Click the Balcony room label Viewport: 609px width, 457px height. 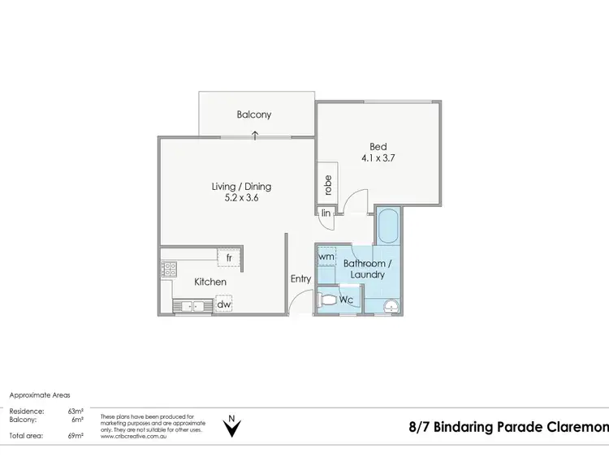click(x=254, y=115)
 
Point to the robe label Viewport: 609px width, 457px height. click(x=328, y=185)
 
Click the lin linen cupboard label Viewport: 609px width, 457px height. click(x=326, y=213)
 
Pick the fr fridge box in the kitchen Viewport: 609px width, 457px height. click(x=230, y=257)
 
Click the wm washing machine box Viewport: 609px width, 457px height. click(x=326, y=257)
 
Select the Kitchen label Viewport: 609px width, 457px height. click(x=210, y=282)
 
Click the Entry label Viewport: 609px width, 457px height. click(x=300, y=279)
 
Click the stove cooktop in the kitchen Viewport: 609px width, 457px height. click(x=169, y=269)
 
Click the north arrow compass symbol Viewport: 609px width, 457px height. click(x=233, y=426)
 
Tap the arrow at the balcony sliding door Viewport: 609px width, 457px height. click(x=255, y=136)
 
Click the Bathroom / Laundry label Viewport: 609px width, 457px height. click(x=367, y=269)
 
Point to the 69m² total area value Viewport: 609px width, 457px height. click(x=76, y=437)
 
